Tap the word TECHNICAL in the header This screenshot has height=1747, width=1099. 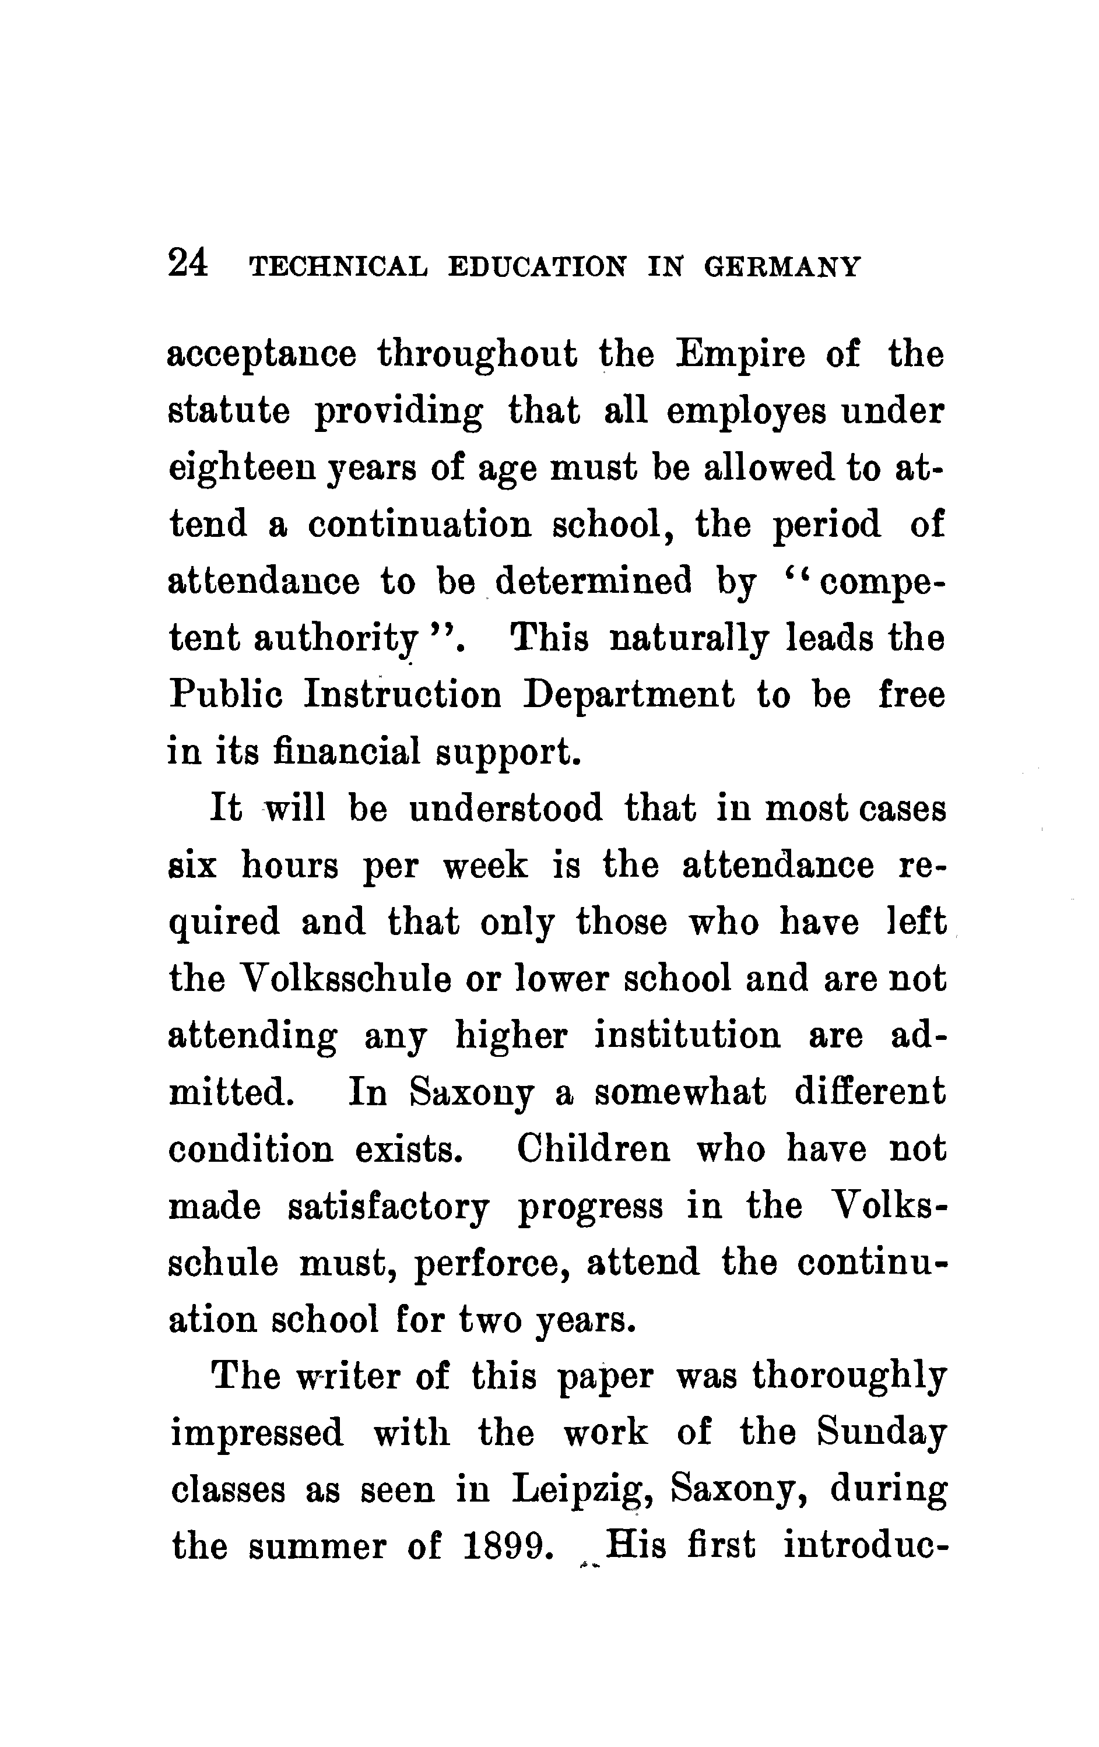coord(338,266)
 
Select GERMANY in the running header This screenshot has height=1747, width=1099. coord(782,266)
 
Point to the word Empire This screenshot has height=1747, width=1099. coord(740,355)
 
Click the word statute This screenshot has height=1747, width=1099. coord(229,412)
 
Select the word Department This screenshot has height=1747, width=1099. coord(628,695)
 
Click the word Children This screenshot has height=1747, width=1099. coord(594,1148)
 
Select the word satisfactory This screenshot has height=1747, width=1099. coord(389,1207)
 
